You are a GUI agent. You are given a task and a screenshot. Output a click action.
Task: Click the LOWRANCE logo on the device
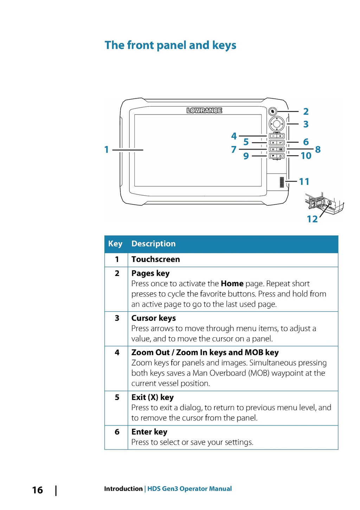point(204,110)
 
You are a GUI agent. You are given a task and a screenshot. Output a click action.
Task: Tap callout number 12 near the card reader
point(312,219)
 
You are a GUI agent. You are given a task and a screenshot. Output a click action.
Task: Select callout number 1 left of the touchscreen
point(107,150)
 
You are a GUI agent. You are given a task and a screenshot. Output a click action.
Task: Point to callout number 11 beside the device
point(304,182)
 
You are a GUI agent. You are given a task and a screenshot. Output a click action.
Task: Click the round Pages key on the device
point(272,112)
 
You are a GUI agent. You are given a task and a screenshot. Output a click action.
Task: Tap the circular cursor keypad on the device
point(277,124)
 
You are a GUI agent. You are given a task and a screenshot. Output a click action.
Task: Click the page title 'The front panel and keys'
point(170,45)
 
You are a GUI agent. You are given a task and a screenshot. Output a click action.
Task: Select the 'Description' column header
point(153,244)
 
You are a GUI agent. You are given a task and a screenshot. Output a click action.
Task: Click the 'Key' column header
point(115,244)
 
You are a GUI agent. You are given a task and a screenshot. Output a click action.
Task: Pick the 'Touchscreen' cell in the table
point(155,259)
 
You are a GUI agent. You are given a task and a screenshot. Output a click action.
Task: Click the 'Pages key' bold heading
point(150,273)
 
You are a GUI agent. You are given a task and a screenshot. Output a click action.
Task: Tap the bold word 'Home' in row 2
point(232,283)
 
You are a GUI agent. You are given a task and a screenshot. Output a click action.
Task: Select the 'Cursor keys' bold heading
point(154,318)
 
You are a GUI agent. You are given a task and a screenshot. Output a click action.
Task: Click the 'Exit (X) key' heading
point(153,397)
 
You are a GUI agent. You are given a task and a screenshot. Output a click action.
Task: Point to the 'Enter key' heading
point(149,432)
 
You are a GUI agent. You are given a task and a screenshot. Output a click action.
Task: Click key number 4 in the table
point(117,352)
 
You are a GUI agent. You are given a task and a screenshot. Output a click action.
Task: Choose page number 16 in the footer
point(37,490)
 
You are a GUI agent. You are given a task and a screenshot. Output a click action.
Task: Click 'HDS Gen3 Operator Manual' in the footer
point(189,489)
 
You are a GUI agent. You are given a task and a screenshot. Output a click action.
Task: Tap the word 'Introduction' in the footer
point(123,489)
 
